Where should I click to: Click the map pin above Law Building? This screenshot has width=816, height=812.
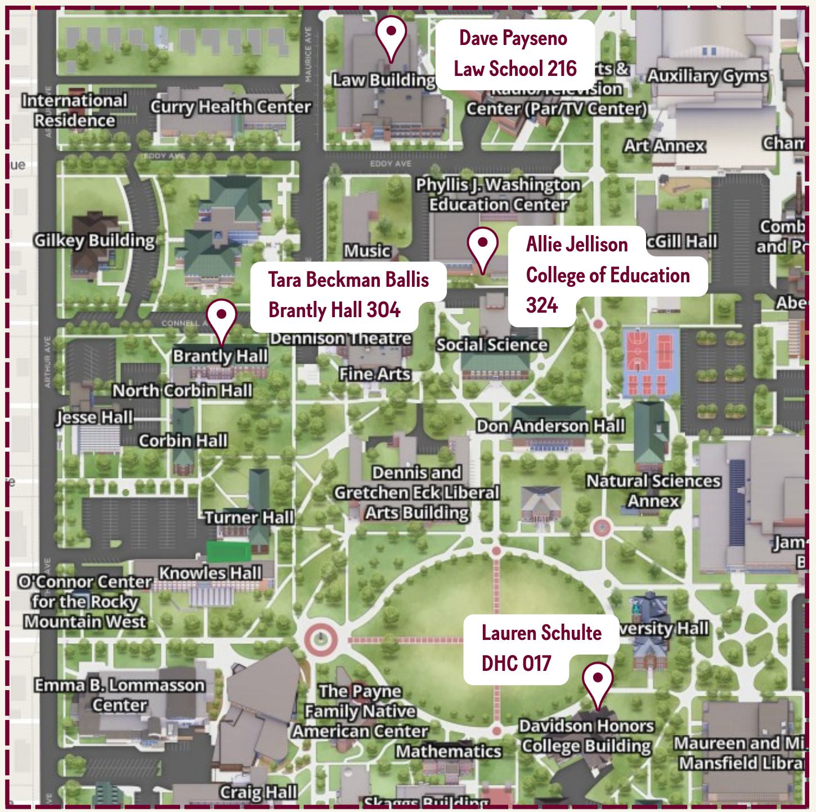(x=391, y=37)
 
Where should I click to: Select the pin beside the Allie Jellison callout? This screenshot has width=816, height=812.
(x=482, y=247)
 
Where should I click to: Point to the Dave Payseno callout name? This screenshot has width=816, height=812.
(x=513, y=38)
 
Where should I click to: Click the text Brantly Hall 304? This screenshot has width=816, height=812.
(x=334, y=310)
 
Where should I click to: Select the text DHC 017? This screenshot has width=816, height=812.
(x=516, y=664)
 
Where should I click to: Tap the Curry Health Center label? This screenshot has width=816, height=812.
(x=230, y=107)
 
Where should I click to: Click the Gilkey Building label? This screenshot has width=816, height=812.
(x=95, y=241)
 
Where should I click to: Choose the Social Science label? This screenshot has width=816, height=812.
(x=492, y=345)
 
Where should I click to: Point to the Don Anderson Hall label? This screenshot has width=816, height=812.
(x=550, y=426)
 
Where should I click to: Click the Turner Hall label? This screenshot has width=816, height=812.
(x=249, y=517)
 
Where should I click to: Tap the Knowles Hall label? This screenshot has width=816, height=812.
(x=210, y=573)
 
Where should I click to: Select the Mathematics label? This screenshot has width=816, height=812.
(x=448, y=751)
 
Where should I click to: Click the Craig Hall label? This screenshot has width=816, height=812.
(x=258, y=792)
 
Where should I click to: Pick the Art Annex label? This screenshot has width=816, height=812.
(x=664, y=146)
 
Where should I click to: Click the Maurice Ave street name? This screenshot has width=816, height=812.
(x=308, y=55)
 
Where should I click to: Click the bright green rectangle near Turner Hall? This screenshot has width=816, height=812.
(x=228, y=551)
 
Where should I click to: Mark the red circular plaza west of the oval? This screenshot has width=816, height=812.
(x=321, y=639)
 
